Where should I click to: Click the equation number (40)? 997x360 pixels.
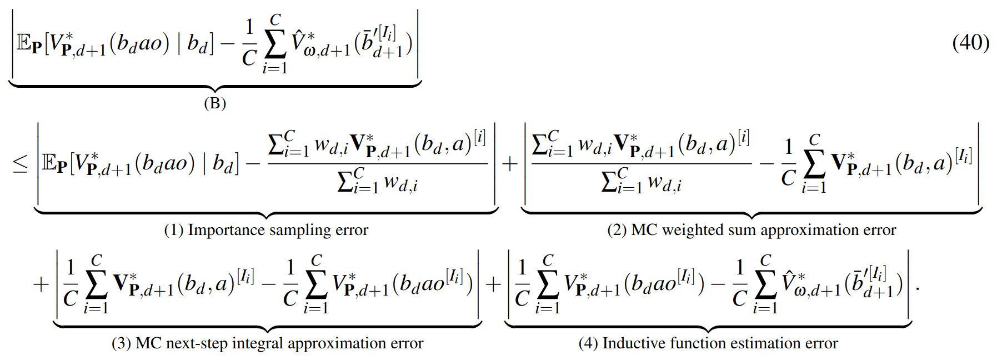tap(970, 43)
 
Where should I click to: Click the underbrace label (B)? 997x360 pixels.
tap(215, 103)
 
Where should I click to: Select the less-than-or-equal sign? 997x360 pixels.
tap(20, 163)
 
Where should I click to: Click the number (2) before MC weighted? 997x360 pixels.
tap(617, 230)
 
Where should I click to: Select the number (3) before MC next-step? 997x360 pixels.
tap(121, 343)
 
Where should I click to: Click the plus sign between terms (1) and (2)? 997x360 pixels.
tap(509, 163)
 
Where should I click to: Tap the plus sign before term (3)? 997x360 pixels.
tap(41, 284)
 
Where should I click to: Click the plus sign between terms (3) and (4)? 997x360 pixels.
tap(493, 284)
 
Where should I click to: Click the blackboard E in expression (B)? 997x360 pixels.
tap(23, 43)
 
